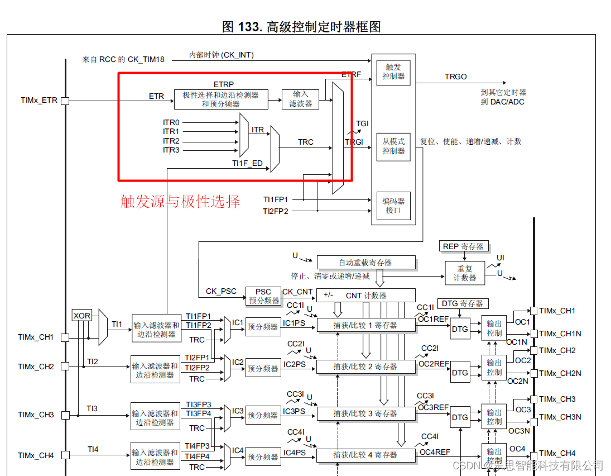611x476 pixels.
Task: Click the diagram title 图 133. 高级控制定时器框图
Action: coord(301,26)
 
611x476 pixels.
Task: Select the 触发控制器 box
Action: coord(393,72)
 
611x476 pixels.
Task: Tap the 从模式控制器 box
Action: coord(393,146)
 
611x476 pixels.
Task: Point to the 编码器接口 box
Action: coord(393,206)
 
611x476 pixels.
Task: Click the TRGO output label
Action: coord(455,77)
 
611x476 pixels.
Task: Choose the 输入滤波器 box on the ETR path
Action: coord(300,99)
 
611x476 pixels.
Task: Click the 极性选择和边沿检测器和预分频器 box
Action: coord(220,99)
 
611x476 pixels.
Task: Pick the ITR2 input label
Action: coord(171,141)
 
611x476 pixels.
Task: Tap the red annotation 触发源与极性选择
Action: coord(180,201)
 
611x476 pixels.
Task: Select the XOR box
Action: coord(82,316)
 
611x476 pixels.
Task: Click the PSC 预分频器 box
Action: coord(263,296)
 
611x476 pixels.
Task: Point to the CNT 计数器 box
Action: coord(366,295)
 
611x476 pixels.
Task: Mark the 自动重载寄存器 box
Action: coord(366,262)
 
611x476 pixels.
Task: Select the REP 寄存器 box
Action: coord(463,246)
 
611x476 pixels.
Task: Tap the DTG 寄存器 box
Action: coord(463,303)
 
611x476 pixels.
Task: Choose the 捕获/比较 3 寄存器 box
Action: coord(366,413)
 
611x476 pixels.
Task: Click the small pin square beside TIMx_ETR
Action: coord(65,101)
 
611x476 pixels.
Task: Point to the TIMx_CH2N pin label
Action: coord(560,373)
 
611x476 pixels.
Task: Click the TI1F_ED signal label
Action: coord(247,164)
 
